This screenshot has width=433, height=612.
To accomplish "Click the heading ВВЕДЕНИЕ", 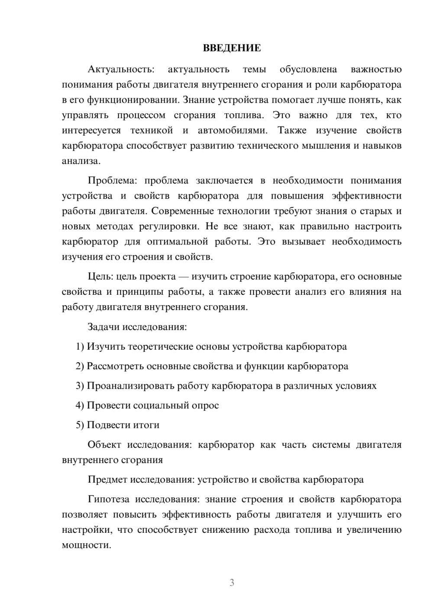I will tap(232, 48).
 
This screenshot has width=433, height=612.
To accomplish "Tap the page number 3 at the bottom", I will tap(232, 583).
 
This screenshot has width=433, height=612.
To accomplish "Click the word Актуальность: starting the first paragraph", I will tap(121, 69).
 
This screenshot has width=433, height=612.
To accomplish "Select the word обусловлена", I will tap(308, 69).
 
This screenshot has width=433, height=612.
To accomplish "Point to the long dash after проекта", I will tap(184, 277).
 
